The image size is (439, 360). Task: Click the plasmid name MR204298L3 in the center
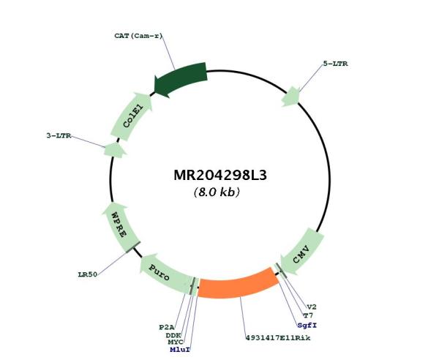[x=220, y=176]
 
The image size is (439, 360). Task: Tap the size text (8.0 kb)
[x=217, y=192]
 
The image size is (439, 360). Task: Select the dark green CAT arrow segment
[x=181, y=80]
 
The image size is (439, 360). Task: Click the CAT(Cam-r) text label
[x=138, y=36]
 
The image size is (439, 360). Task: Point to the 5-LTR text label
[x=335, y=64]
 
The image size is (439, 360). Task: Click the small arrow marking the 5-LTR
[x=290, y=97]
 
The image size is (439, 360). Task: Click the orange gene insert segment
[x=238, y=283]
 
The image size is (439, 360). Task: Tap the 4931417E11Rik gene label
[x=278, y=338]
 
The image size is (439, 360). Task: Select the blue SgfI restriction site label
[x=307, y=326]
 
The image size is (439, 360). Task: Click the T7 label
[x=308, y=316]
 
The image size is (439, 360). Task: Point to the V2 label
[x=312, y=307]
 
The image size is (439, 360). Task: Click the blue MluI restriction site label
[x=180, y=350]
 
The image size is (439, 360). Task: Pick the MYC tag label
[x=176, y=342]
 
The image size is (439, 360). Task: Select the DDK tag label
[x=173, y=335]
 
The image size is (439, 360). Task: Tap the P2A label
[x=167, y=327]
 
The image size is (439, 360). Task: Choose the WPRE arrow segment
[x=120, y=228]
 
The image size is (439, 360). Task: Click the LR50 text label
[x=88, y=274]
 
